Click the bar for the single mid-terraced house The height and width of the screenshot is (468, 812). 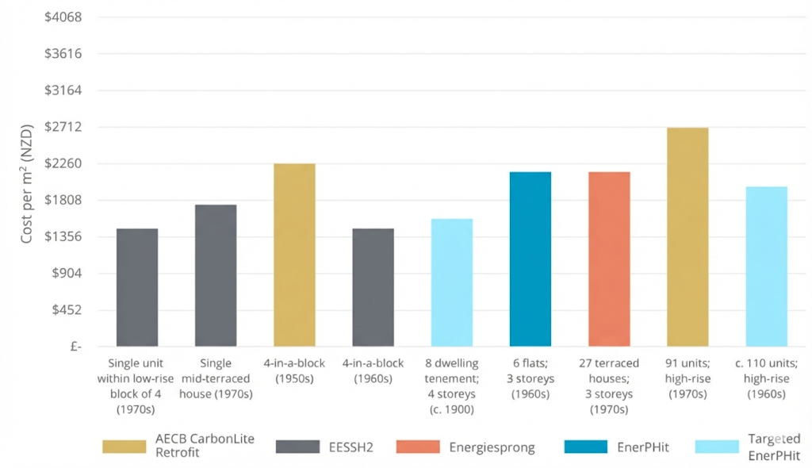click(x=216, y=275)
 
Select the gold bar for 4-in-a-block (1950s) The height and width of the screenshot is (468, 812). click(x=294, y=255)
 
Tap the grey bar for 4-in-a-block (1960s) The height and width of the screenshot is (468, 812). click(x=373, y=287)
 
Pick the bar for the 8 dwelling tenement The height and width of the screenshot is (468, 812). click(x=452, y=282)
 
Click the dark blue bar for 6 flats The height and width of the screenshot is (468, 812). click(x=530, y=259)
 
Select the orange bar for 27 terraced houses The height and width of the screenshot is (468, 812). click(x=609, y=259)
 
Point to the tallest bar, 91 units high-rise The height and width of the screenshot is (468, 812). click(x=688, y=237)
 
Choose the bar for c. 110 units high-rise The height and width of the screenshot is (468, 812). click(x=766, y=267)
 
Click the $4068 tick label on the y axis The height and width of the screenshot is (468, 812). click(x=66, y=17)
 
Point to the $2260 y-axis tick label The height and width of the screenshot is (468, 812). click(x=66, y=163)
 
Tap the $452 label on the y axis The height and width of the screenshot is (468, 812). click(x=70, y=310)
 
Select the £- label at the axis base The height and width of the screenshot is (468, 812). click(x=75, y=347)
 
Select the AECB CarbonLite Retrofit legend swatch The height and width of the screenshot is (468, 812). click(x=124, y=447)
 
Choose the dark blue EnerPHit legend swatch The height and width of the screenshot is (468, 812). click(x=585, y=447)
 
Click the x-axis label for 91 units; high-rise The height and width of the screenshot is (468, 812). click(x=688, y=378)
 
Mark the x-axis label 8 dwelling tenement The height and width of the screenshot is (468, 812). click(x=452, y=386)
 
